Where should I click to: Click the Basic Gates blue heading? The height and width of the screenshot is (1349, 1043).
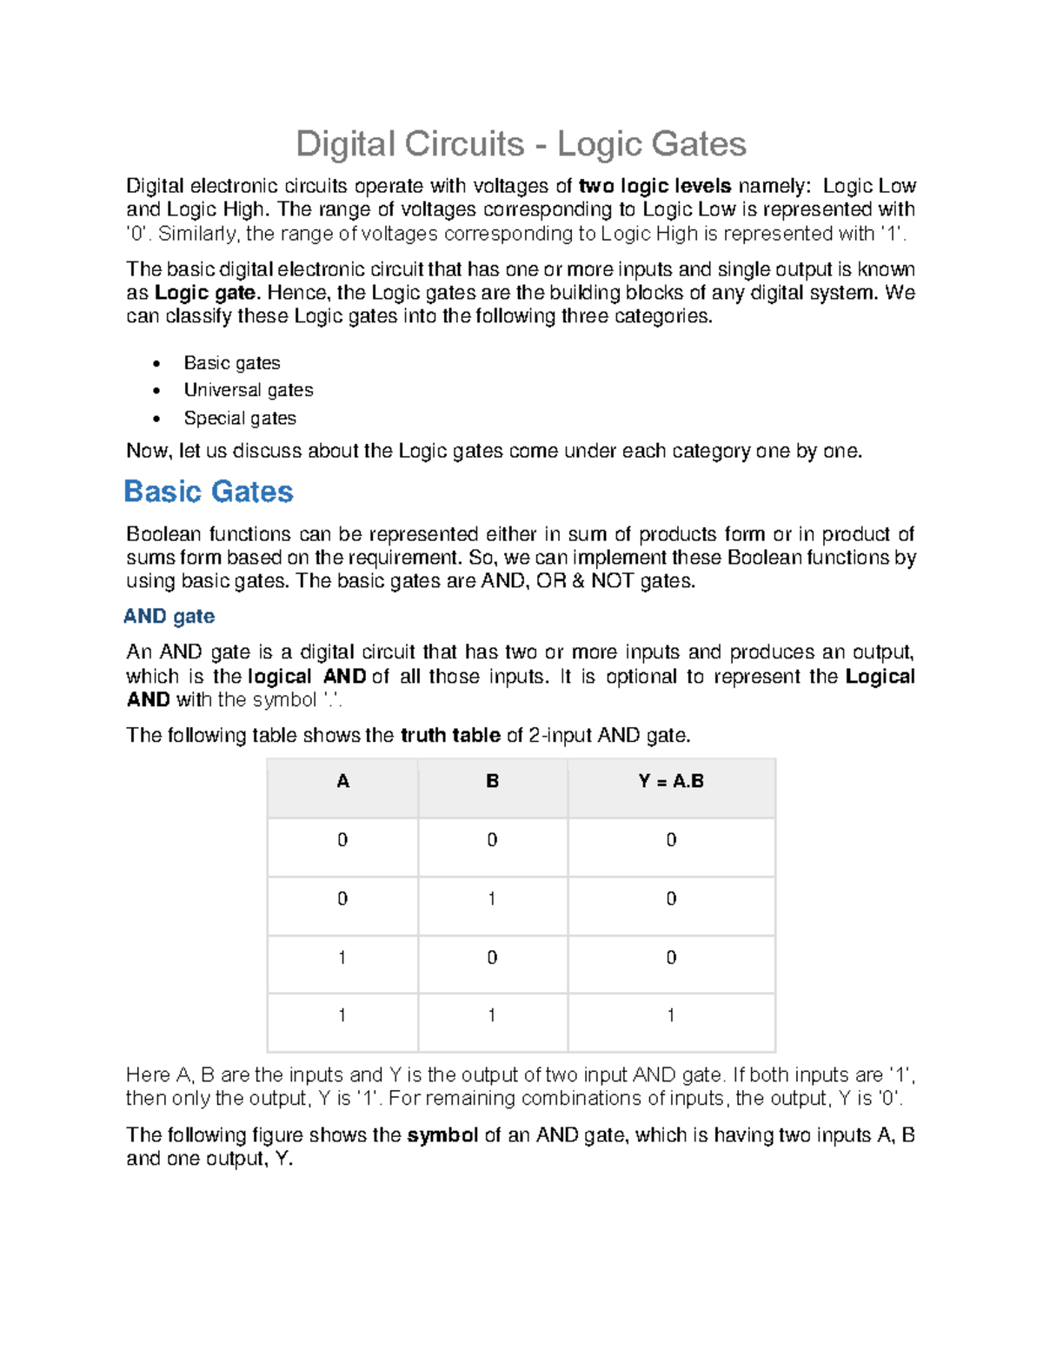209,492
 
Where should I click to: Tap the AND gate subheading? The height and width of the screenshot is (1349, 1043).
169,616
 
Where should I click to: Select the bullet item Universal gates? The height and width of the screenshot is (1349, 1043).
248,390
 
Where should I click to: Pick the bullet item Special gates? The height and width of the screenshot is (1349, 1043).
239,418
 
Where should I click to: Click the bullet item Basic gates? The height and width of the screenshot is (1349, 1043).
231,362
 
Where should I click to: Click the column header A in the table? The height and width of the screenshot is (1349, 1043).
342,781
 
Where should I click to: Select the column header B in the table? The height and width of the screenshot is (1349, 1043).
492,781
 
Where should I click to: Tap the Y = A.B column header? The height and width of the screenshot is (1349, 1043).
670,781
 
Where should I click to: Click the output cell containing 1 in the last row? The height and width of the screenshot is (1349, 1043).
670,1015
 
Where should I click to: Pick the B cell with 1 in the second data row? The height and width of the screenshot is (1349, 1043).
492,898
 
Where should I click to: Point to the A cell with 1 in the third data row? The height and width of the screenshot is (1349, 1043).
342,957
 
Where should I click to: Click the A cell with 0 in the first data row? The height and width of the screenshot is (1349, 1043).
342,839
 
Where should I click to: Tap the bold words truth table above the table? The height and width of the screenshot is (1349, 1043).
449,736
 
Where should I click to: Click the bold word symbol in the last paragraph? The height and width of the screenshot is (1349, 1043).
442,1135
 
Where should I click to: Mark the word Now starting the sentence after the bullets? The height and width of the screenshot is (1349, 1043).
149,451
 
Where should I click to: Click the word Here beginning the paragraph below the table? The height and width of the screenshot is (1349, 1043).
147,1075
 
